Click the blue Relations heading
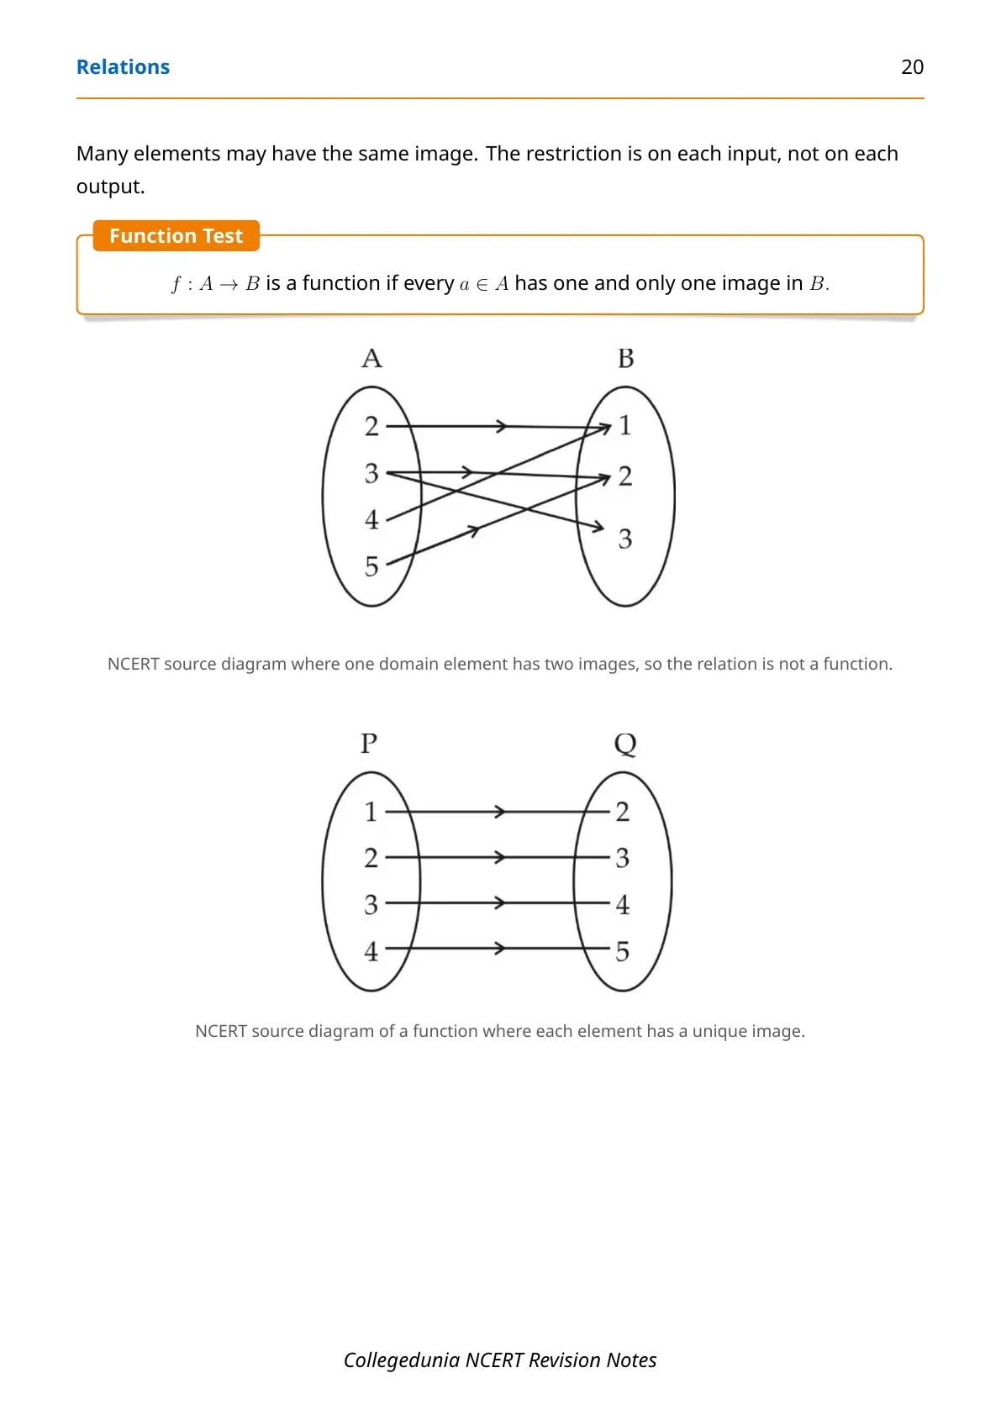tap(123, 67)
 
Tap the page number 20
tap(912, 67)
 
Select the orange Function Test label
tap(176, 235)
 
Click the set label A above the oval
tap(371, 358)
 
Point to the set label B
tap(625, 358)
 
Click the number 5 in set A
tap(371, 566)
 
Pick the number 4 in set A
tap(371, 519)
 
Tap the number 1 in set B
tap(625, 425)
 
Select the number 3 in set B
tap(625, 539)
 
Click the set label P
tap(369, 744)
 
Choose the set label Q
tap(625, 744)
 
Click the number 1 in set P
tap(371, 812)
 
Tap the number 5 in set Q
tap(623, 951)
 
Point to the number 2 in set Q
tap(623, 812)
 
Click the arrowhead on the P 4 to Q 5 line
tap(500, 948)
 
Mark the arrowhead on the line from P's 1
tap(500, 811)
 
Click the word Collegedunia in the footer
tap(401, 1360)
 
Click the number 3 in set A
tap(371, 473)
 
